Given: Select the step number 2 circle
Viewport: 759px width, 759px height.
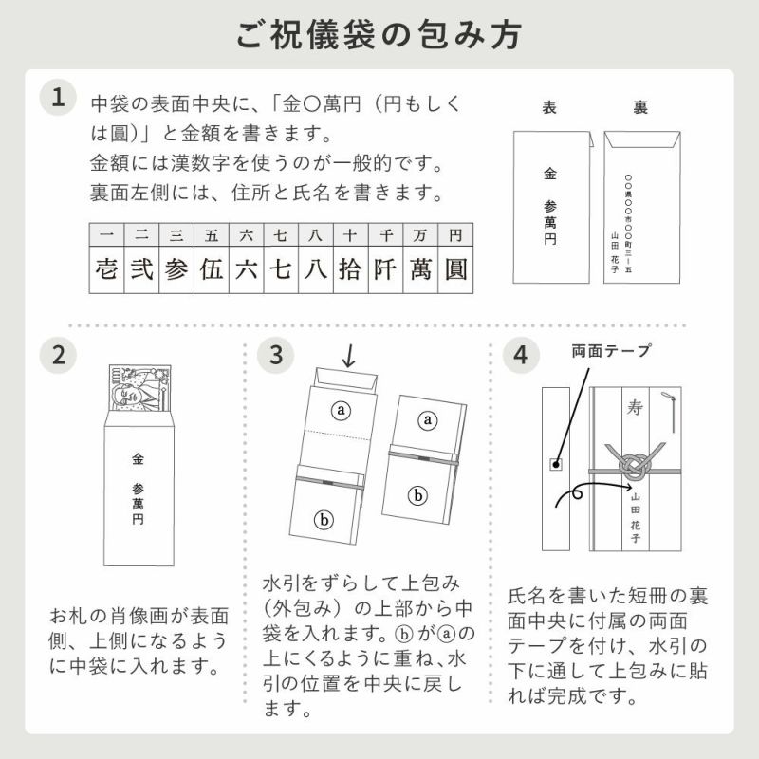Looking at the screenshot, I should coord(59,356).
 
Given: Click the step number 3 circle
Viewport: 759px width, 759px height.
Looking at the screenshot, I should coord(276,356).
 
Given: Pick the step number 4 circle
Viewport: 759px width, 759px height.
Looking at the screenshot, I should coord(521,356).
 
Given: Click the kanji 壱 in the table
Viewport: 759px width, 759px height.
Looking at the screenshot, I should coord(106,268).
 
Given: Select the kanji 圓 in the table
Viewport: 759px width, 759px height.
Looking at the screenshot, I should coord(455,268).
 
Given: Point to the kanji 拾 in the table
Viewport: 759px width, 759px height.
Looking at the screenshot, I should coord(350,268).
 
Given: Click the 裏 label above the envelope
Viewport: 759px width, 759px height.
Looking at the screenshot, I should coord(641,107).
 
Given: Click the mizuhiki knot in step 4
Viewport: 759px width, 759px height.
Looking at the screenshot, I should coord(630,466).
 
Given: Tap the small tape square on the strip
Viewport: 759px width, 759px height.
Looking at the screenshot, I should coord(556,464).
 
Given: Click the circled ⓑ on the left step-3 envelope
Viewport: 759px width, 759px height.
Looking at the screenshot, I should coord(324,519).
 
